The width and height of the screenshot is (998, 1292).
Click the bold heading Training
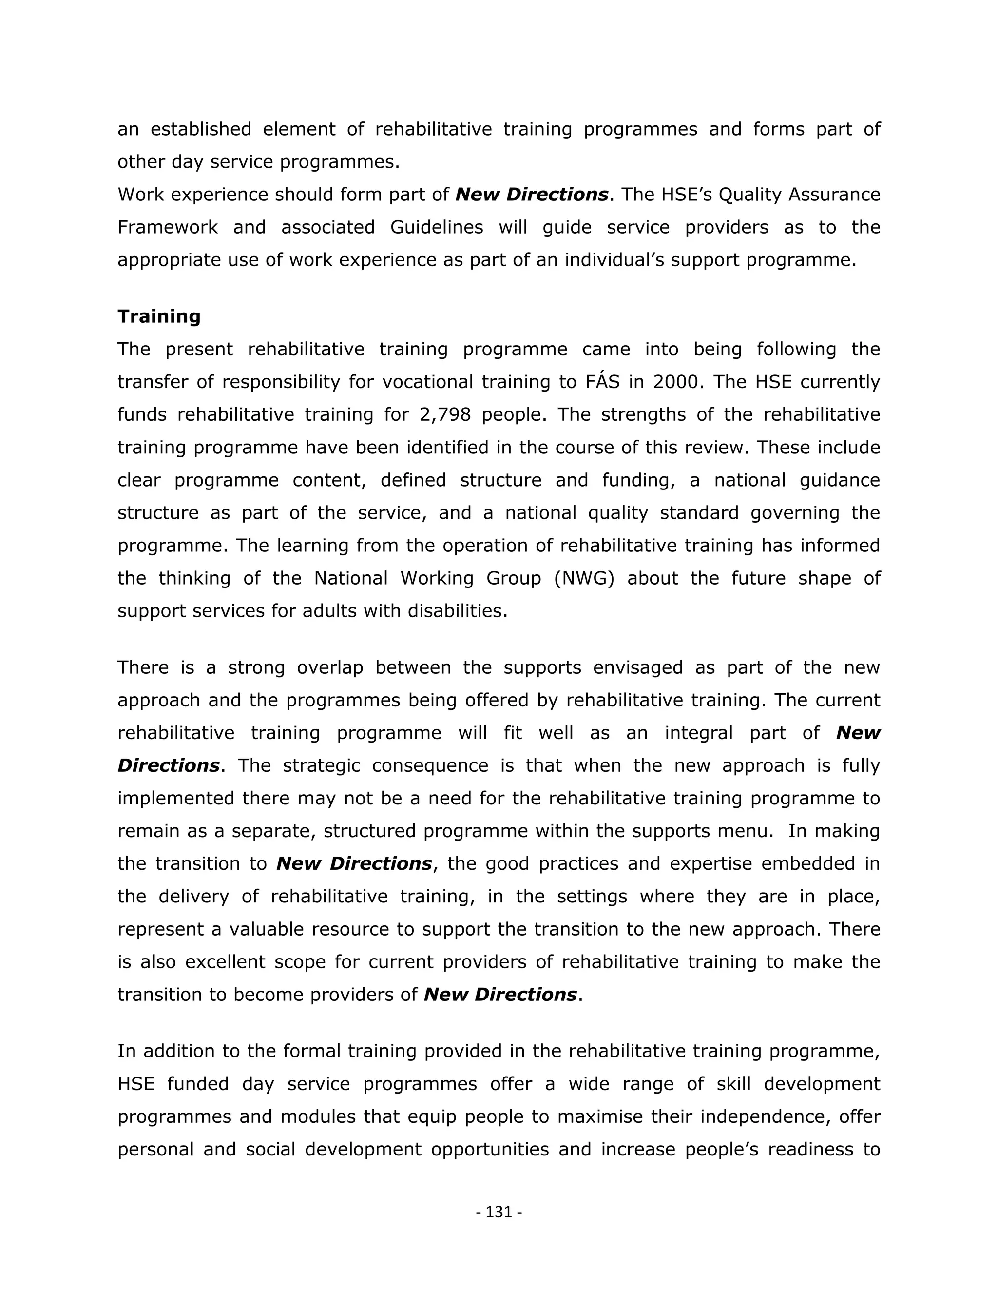[x=159, y=316]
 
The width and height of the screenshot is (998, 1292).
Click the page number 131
[x=499, y=1212]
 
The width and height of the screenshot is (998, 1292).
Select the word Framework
[x=167, y=227]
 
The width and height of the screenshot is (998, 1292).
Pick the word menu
[x=744, y=831]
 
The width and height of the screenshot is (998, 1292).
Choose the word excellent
[x=225, y=962]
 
